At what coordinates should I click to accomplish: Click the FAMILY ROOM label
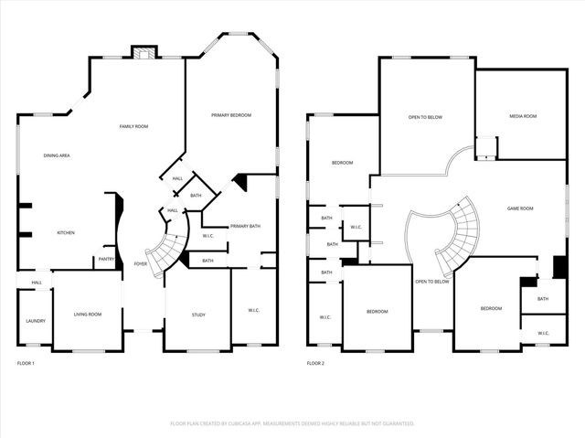point(133,126)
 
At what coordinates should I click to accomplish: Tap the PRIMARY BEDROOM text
point(230,115)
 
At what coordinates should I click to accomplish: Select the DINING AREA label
point(57,155)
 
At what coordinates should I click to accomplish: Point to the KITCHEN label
point(66,233)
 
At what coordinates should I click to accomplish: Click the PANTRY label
point(105,260)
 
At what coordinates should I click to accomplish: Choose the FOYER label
point(140,263)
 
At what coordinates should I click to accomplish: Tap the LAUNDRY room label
point(36,321)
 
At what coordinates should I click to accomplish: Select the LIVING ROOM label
point(88,315)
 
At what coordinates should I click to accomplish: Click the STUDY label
point(198,315)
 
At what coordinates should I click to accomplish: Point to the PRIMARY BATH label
point(245,226)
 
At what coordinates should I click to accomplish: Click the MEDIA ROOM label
point(523,116)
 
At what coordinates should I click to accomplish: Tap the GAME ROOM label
point(520,208)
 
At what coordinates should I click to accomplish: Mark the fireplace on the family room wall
point(141,52)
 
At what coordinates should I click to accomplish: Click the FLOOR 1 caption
point(26,364)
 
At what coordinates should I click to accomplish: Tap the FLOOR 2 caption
point(315,364)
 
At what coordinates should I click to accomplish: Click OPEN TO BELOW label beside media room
point(425,117)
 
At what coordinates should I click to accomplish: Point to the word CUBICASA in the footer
point(238,423)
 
